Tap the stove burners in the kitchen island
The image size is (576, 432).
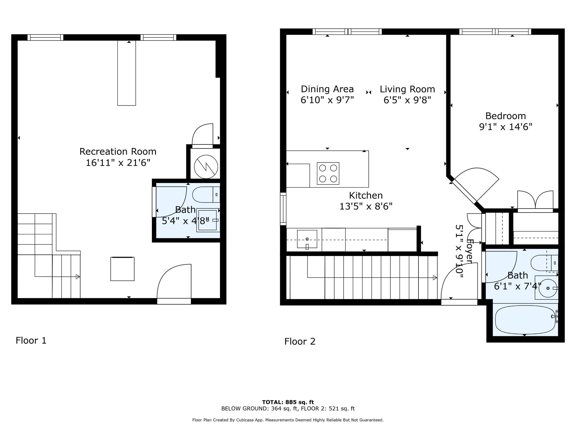[328, 173]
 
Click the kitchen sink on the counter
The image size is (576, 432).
[307, 239]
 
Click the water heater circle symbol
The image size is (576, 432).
[206, 167]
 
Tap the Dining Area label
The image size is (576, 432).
[327, 89]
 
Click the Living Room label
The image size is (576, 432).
[407, 89]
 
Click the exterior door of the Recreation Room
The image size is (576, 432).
[174, 284]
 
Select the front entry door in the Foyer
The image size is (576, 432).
[459, 284]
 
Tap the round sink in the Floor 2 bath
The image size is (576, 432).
[548, 288]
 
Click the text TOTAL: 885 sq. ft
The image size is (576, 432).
[288, 402]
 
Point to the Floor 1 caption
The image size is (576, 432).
[31, 340]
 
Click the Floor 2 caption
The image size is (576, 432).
[300, 341]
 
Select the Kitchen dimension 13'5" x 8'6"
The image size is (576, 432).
[366, 206]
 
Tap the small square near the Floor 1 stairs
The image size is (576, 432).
[122, 269]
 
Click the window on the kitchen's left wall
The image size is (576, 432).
[283, 209]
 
